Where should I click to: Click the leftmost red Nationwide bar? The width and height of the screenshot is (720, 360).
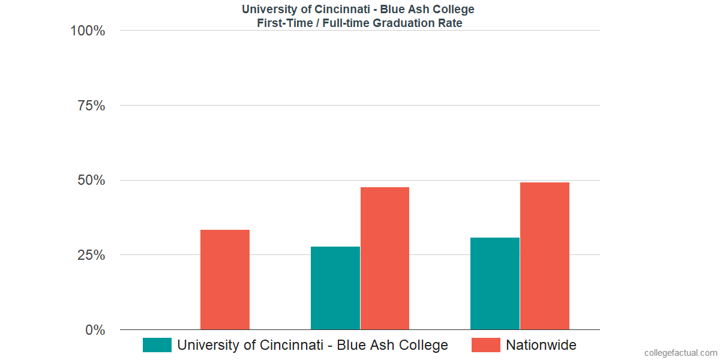225,280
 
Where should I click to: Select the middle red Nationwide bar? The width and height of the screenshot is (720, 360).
385,258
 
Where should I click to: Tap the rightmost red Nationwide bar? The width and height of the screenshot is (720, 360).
545,256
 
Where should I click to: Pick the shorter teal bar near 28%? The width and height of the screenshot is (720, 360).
335,288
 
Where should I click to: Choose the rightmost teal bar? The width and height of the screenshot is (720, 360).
495,283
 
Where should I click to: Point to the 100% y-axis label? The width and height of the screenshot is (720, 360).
88,31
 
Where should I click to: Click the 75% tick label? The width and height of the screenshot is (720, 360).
91,106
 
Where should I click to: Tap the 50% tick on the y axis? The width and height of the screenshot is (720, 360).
91,180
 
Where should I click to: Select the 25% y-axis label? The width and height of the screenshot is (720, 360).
91,255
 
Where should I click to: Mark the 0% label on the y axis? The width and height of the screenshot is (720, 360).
95,330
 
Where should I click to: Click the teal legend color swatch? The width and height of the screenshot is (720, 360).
157,345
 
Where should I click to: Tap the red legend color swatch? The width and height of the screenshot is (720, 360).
485,345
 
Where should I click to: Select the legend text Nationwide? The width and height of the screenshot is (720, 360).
541,345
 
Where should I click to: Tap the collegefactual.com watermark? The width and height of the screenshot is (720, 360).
680,353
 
